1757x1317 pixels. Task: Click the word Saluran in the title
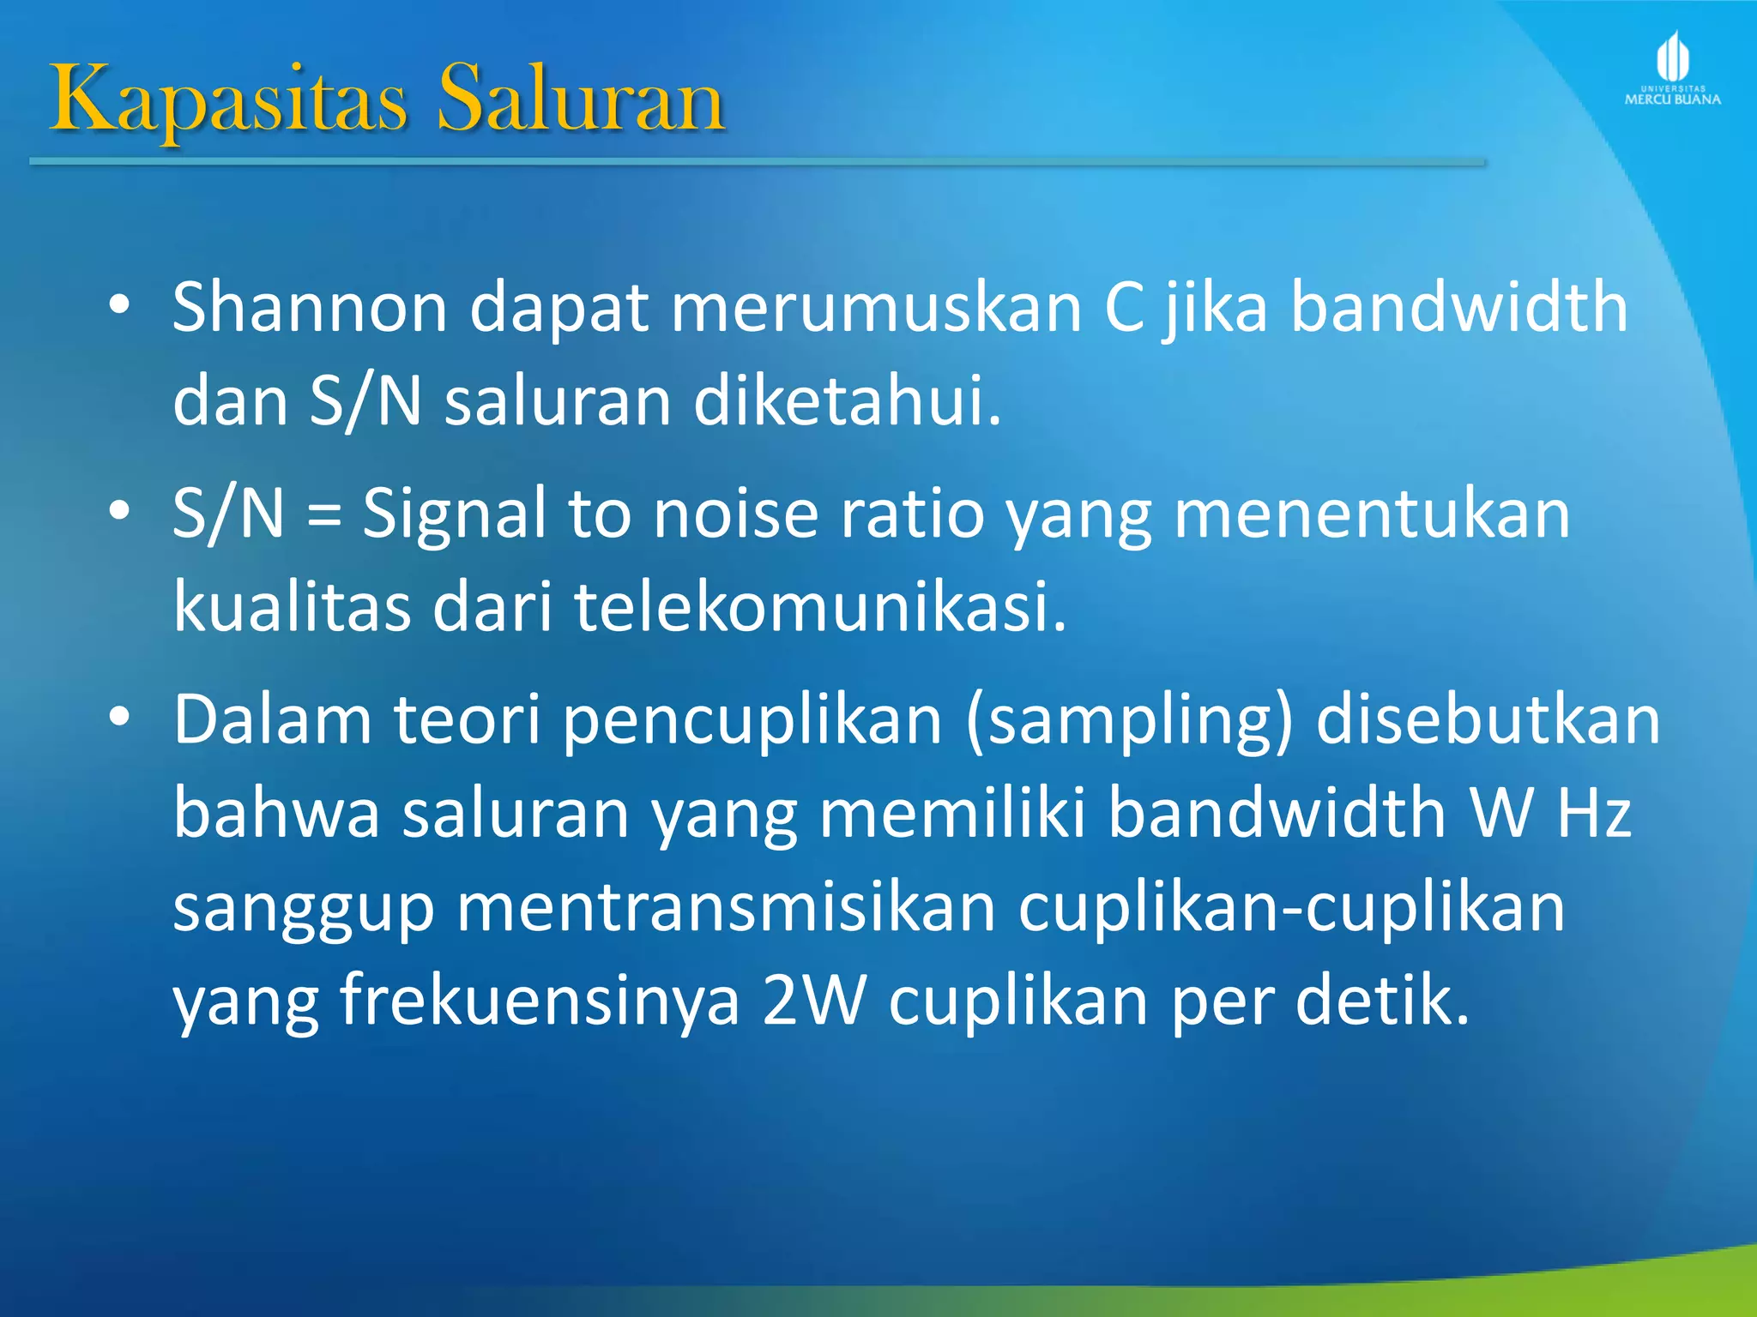582,99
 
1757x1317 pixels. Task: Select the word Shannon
310,307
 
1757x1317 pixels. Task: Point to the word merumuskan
876,307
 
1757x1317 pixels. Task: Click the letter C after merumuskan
1124,307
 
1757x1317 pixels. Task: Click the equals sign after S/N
323,514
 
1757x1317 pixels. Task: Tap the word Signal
454,514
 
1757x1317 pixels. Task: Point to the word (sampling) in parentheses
1129,720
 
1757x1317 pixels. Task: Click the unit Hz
1594,813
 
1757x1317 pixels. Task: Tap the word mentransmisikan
726,907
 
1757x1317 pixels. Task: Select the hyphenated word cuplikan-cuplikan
1292,907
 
